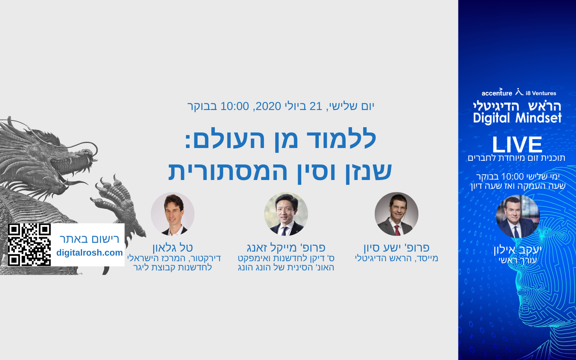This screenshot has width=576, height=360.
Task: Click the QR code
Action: pyautogui.click(x=29, y=244)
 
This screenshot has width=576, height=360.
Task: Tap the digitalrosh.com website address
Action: pyautogui.click(x=90, y=253)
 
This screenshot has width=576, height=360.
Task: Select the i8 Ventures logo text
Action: pyautogui.click(x=541, y=93)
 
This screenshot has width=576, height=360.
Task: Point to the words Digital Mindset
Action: pyautogui.click(x=517, y=118)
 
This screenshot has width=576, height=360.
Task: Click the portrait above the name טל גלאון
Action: pyautogui.click(x=172, y=214)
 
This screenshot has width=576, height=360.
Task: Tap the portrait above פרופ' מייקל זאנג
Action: pyautogui.click(x=286, y=214)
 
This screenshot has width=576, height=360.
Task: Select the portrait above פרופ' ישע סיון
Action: pyautogui.click(x=396, y=214)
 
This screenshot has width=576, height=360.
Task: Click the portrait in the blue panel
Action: pyautogui.click(x=518, y=216)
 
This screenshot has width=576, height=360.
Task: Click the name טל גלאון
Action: pyautogui.click(x=172, y=248)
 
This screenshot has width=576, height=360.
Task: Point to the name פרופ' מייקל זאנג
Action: pyautogui.click(x=286, y=248)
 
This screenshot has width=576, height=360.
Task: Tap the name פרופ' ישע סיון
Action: pyautogui.click(x=396, y=248)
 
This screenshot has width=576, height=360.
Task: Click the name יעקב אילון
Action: pyautogui.click(x=518, y=250)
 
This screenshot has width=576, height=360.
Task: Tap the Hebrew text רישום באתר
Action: pyautogui.click(x=90, y=239)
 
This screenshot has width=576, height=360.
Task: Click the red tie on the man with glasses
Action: pyautogui.click(x=398, y=230)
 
